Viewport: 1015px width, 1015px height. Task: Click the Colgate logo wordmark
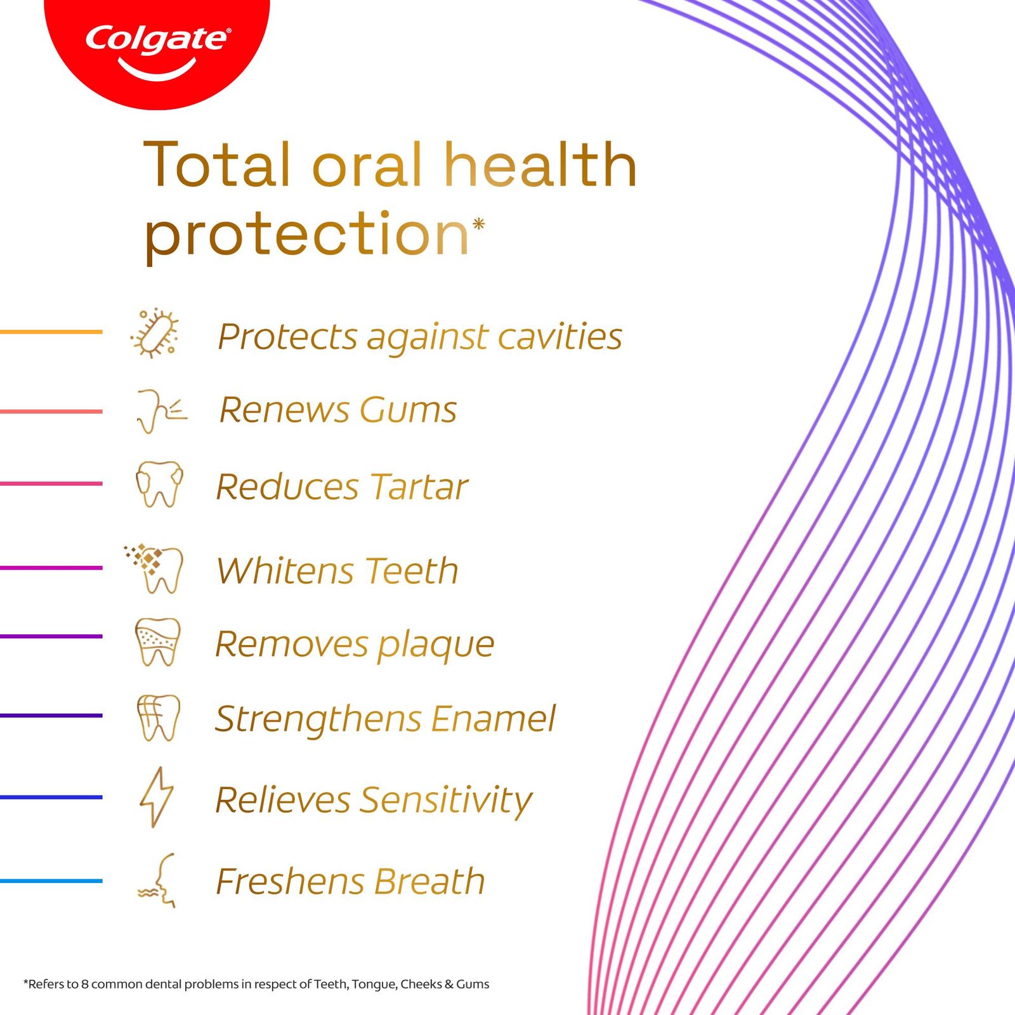click(158, 39)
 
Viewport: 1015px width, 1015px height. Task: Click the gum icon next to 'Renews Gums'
click(161, 411)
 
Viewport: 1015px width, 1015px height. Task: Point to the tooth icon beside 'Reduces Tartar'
click(159, 484)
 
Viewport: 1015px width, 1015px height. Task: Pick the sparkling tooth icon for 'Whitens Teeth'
click(154, 568)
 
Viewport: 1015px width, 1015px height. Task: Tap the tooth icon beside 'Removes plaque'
click(158, 642)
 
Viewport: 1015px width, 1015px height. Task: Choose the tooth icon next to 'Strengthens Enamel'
click(159, 717)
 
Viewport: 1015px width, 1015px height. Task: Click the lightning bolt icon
click(156, 797)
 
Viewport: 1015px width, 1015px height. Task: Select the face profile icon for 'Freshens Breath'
click(157, 881)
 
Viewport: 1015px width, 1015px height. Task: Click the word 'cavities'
click(560, 336)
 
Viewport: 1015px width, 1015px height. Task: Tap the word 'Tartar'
click(419, 487)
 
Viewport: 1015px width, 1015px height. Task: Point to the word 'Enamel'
click(493, 719)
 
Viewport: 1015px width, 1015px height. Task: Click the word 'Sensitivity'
click(447, 801)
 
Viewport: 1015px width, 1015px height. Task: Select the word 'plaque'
click(436, 646)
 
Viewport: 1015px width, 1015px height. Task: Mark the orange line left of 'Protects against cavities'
click(51, 332)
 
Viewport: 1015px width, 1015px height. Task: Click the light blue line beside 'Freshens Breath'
click(51, 881)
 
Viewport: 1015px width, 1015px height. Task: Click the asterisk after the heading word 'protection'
click(479, 224)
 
